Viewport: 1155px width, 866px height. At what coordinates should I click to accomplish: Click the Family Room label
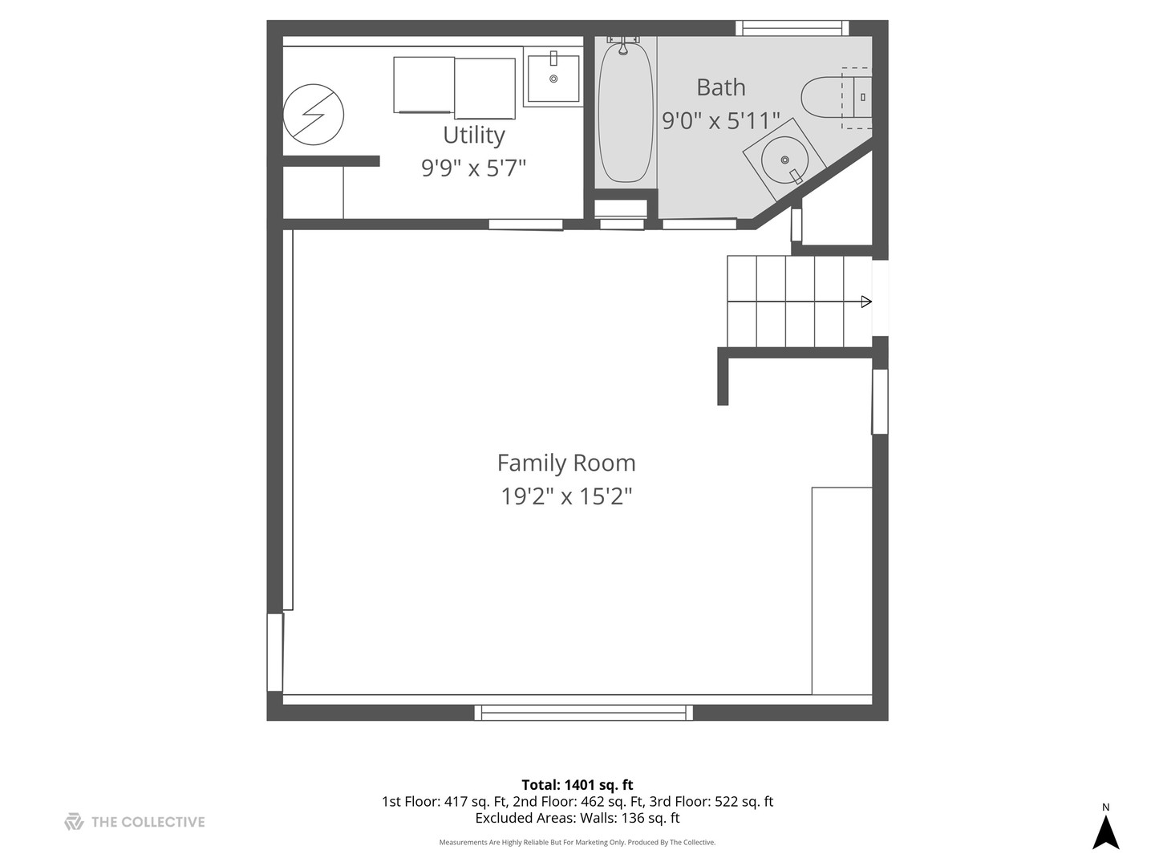click(566, 463)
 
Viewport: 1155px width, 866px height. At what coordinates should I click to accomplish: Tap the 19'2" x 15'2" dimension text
click(566, 496)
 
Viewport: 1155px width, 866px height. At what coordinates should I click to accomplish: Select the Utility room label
click(473, 136)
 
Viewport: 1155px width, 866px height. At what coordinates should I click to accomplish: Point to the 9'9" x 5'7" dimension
click(473, 168)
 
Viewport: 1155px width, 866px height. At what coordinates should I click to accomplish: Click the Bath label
click(721, 87)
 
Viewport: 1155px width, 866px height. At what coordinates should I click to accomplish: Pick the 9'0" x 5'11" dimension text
click(721, 121)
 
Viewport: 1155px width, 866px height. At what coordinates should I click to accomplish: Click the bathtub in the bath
click(626, 112)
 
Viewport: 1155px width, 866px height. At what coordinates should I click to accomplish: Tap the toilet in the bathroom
click(836, 97)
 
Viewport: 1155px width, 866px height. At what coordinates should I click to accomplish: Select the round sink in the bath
click(784, 160)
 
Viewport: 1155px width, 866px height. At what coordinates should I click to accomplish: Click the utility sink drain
click(553, 79)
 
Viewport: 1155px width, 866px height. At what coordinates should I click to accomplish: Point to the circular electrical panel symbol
click(313, 115)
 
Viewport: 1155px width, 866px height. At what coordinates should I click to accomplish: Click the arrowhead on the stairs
click(866, 301)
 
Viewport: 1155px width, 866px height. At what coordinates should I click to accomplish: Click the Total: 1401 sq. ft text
click(577, 785)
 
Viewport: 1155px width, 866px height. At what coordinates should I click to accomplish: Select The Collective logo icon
click(74, 822)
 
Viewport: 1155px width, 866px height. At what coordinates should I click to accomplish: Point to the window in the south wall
click(584, 713)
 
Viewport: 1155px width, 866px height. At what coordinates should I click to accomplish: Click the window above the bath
click(792, 28)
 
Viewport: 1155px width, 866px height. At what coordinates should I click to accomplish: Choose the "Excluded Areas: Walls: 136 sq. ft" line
click(577, 818)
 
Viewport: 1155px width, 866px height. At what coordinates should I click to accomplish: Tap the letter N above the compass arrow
click(1105, 807)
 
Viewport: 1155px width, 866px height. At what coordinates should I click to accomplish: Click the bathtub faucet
click(623, 46)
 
